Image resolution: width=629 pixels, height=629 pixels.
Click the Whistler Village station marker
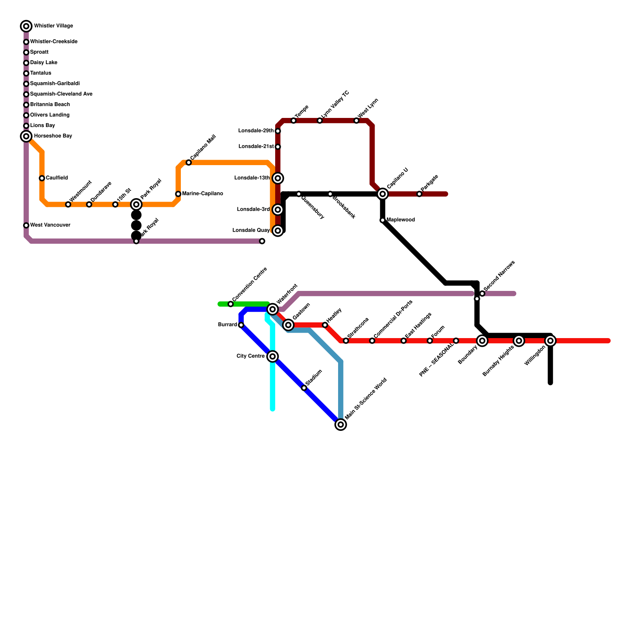pos(26,26)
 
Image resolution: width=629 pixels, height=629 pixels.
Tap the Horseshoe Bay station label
pos(53,136)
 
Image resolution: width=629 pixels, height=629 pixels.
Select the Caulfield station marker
pos(42,178)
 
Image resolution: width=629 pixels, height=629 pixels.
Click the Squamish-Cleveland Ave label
pos(61,94)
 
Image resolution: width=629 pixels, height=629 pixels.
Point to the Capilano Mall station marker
pos(189,162)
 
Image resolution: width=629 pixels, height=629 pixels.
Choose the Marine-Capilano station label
pos(202,194)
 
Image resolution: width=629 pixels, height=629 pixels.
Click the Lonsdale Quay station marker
pos(278,230)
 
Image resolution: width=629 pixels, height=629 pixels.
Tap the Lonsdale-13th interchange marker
pos(278,178)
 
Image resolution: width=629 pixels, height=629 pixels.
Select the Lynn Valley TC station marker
pos(320,120)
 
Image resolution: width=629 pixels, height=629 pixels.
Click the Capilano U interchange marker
pos(383,194)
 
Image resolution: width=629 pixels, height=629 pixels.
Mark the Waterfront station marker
pos(272,309)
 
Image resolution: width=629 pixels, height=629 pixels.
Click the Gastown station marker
pos(289,325)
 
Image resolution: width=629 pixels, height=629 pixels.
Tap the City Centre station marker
pos(272,357)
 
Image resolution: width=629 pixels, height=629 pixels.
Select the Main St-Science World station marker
pos(341,425)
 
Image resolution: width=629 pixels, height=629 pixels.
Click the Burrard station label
pos(228,325)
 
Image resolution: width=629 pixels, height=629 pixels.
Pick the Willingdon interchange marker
pos(550,341)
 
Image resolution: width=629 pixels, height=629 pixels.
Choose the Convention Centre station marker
pos(231,304)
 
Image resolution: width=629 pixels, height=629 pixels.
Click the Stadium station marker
pos(304,388)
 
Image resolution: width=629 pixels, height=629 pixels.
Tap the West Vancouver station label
pos(50,225)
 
